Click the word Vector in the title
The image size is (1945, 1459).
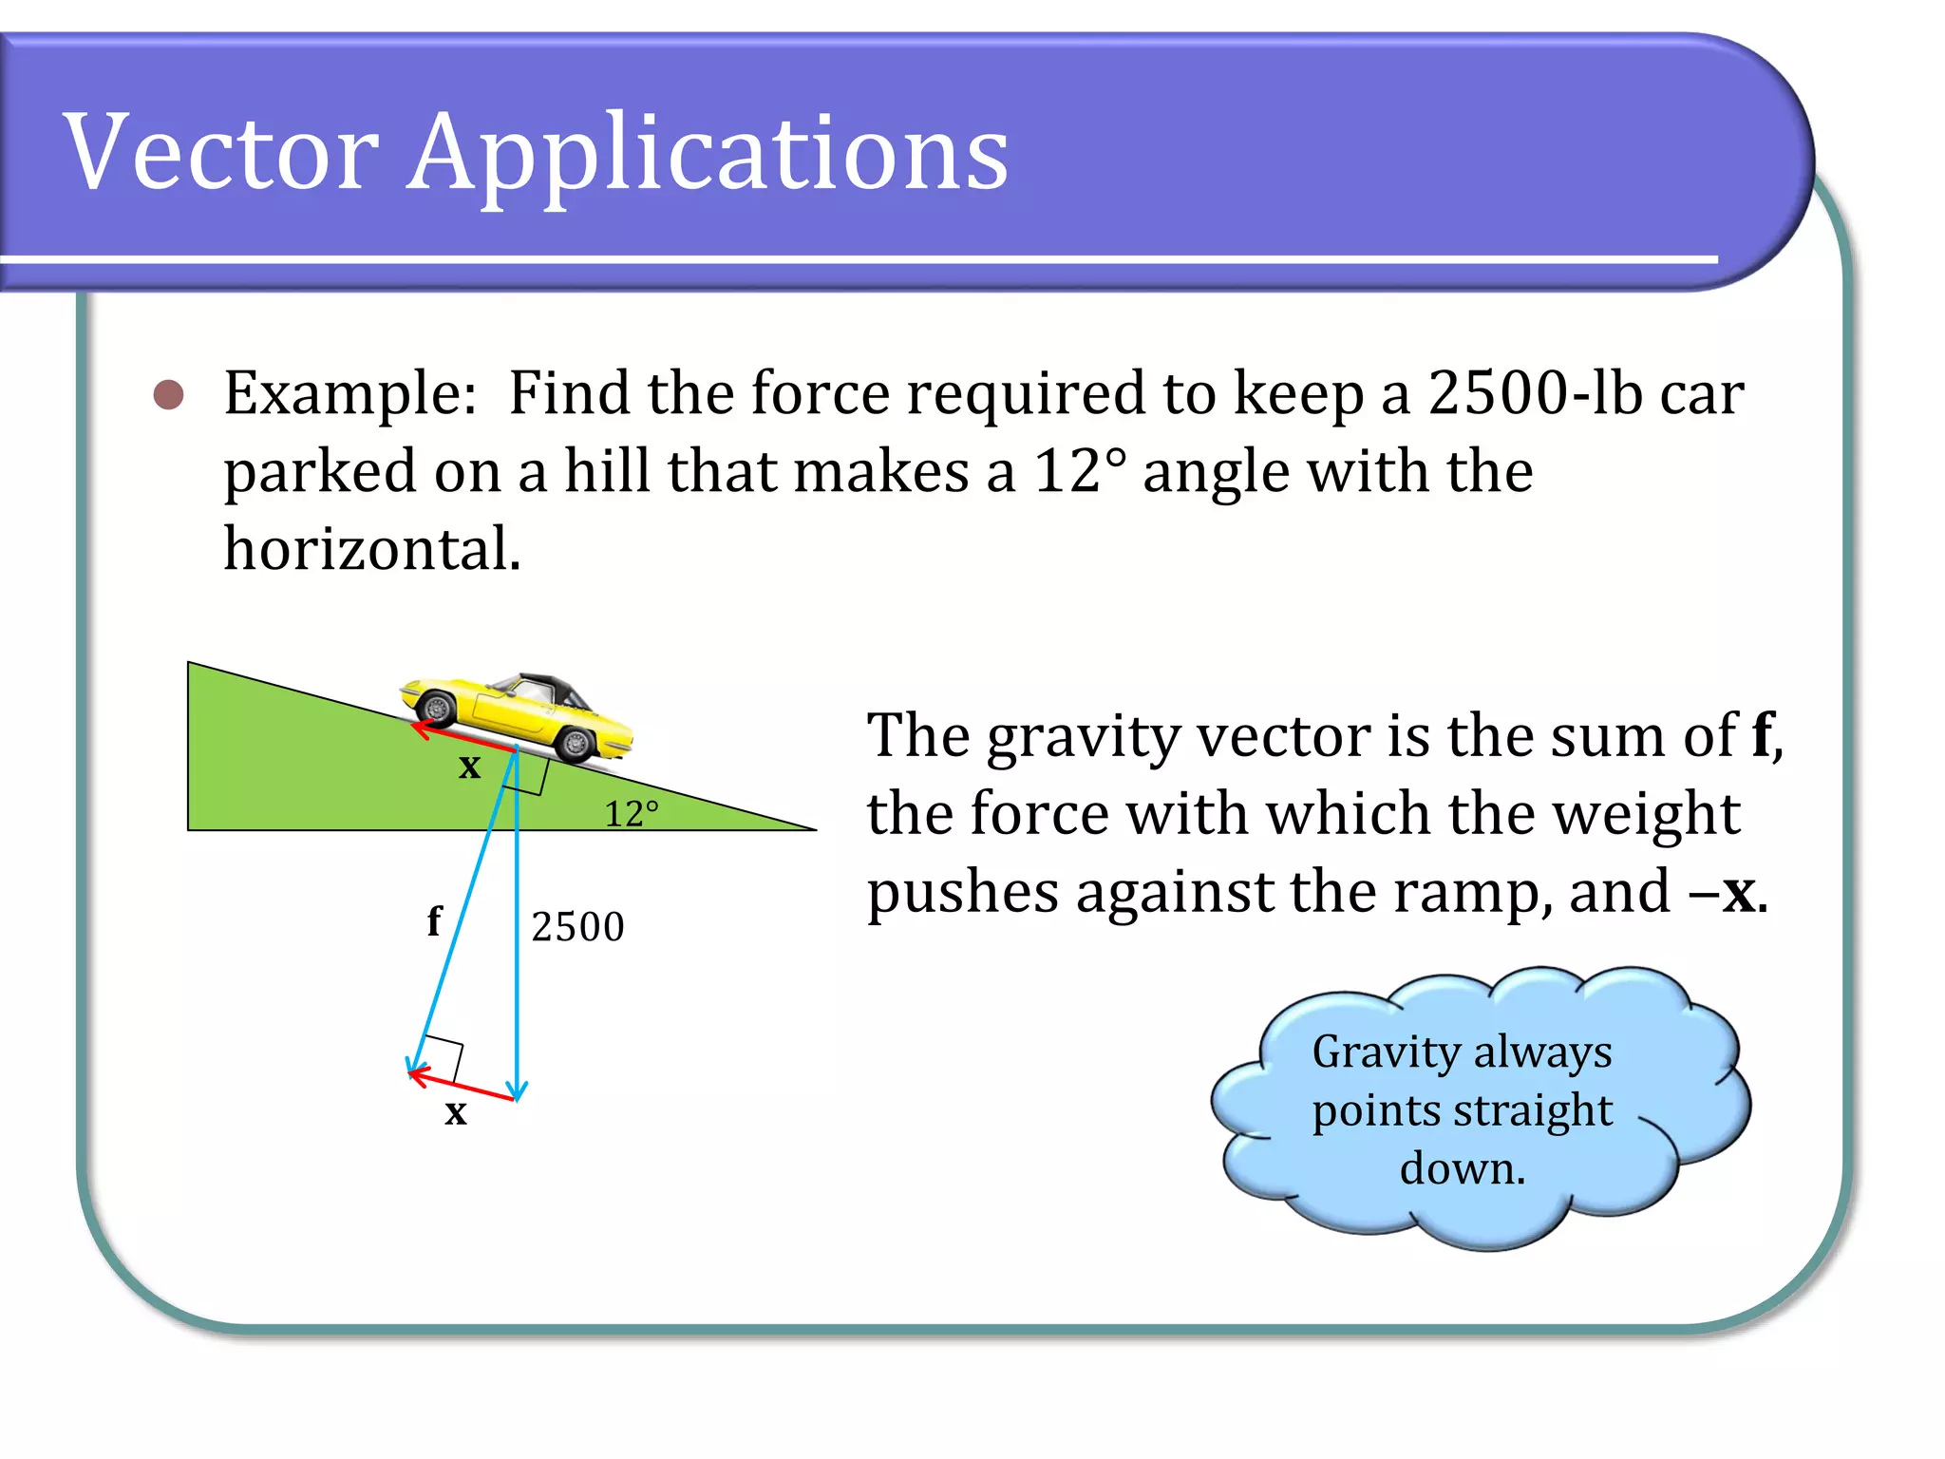(220, 152)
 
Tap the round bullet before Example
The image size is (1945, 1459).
(169, 394)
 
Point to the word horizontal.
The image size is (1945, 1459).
(371, 549)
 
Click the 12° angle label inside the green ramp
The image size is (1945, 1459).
(631, 814)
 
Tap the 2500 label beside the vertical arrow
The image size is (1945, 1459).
(577, 927)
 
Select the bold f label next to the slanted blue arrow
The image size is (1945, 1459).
(434, 920)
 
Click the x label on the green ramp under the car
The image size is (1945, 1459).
(469, 767)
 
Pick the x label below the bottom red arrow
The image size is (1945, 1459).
(456, 1111)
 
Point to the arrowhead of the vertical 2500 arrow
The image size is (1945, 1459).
(517, 1092)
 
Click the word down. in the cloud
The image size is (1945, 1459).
(1462, 1168)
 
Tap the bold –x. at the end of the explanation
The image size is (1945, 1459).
(1728, 893)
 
